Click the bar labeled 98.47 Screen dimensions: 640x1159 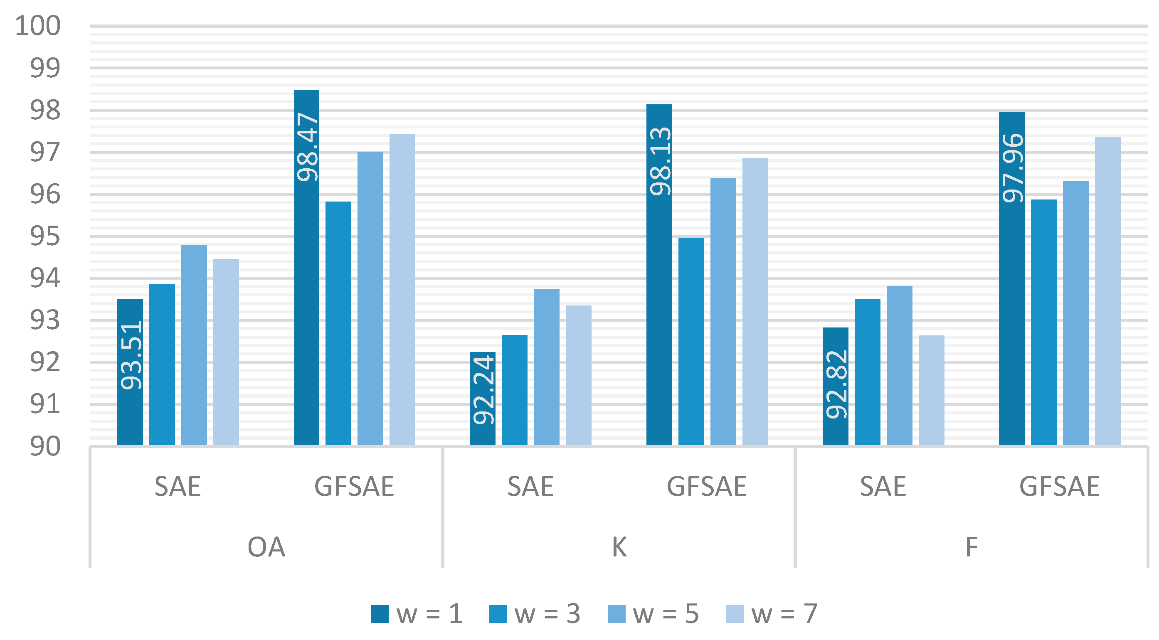coord(306,268)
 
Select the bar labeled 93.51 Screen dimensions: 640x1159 coord(130,372)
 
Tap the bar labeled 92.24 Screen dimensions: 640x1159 coord(483,399)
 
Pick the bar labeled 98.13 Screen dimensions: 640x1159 coord(659,275)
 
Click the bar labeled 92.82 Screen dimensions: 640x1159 coord(836,386)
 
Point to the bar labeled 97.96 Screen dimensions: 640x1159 coord(1012,278)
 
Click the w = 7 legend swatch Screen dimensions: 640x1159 coord(735,614)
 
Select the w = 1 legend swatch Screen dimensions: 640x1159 coord(380,614)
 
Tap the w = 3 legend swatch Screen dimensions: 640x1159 coord(498,614)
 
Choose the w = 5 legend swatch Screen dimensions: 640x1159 coord(616,614)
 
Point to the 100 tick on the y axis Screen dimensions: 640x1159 coord(38,26)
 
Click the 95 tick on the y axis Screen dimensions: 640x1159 coord(44,236)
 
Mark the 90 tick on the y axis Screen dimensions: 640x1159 coord(44,446)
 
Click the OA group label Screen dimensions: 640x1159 coord(266,547)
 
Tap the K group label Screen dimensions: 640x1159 coord(619,547)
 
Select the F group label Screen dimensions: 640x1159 coord(972,547)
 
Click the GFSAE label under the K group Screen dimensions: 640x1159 coord(706,487)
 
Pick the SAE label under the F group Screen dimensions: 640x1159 coord(883,487)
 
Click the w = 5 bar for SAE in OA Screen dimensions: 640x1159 coord(194,345)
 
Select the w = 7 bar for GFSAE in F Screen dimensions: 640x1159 coord(1108,291)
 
